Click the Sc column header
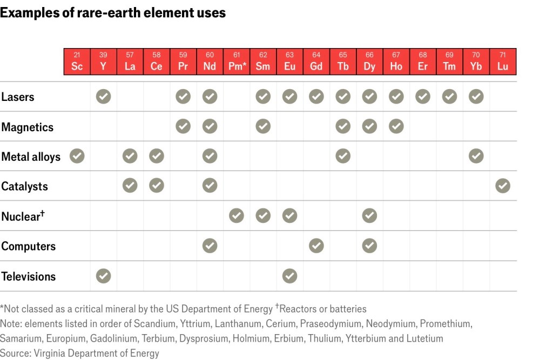coord(77,62)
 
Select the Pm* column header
coord(237,62)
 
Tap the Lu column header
coord(503,62)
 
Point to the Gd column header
coord(316,62)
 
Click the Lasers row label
coord(18,97)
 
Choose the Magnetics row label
coord(28,127)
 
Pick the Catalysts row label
coord(25,187)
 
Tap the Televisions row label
coord(29,276)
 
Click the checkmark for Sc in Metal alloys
coord(77,157)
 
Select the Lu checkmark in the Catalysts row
coord(503,186)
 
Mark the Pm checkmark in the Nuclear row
coord(237,216)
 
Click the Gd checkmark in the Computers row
coord(316,246)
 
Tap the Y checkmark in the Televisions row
coord(103,276)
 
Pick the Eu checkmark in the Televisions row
coord(290,276)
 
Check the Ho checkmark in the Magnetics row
coord(396,127)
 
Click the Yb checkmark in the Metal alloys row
coord(476,157)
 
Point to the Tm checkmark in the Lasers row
coord(449,97)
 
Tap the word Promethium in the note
coord(446,324)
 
